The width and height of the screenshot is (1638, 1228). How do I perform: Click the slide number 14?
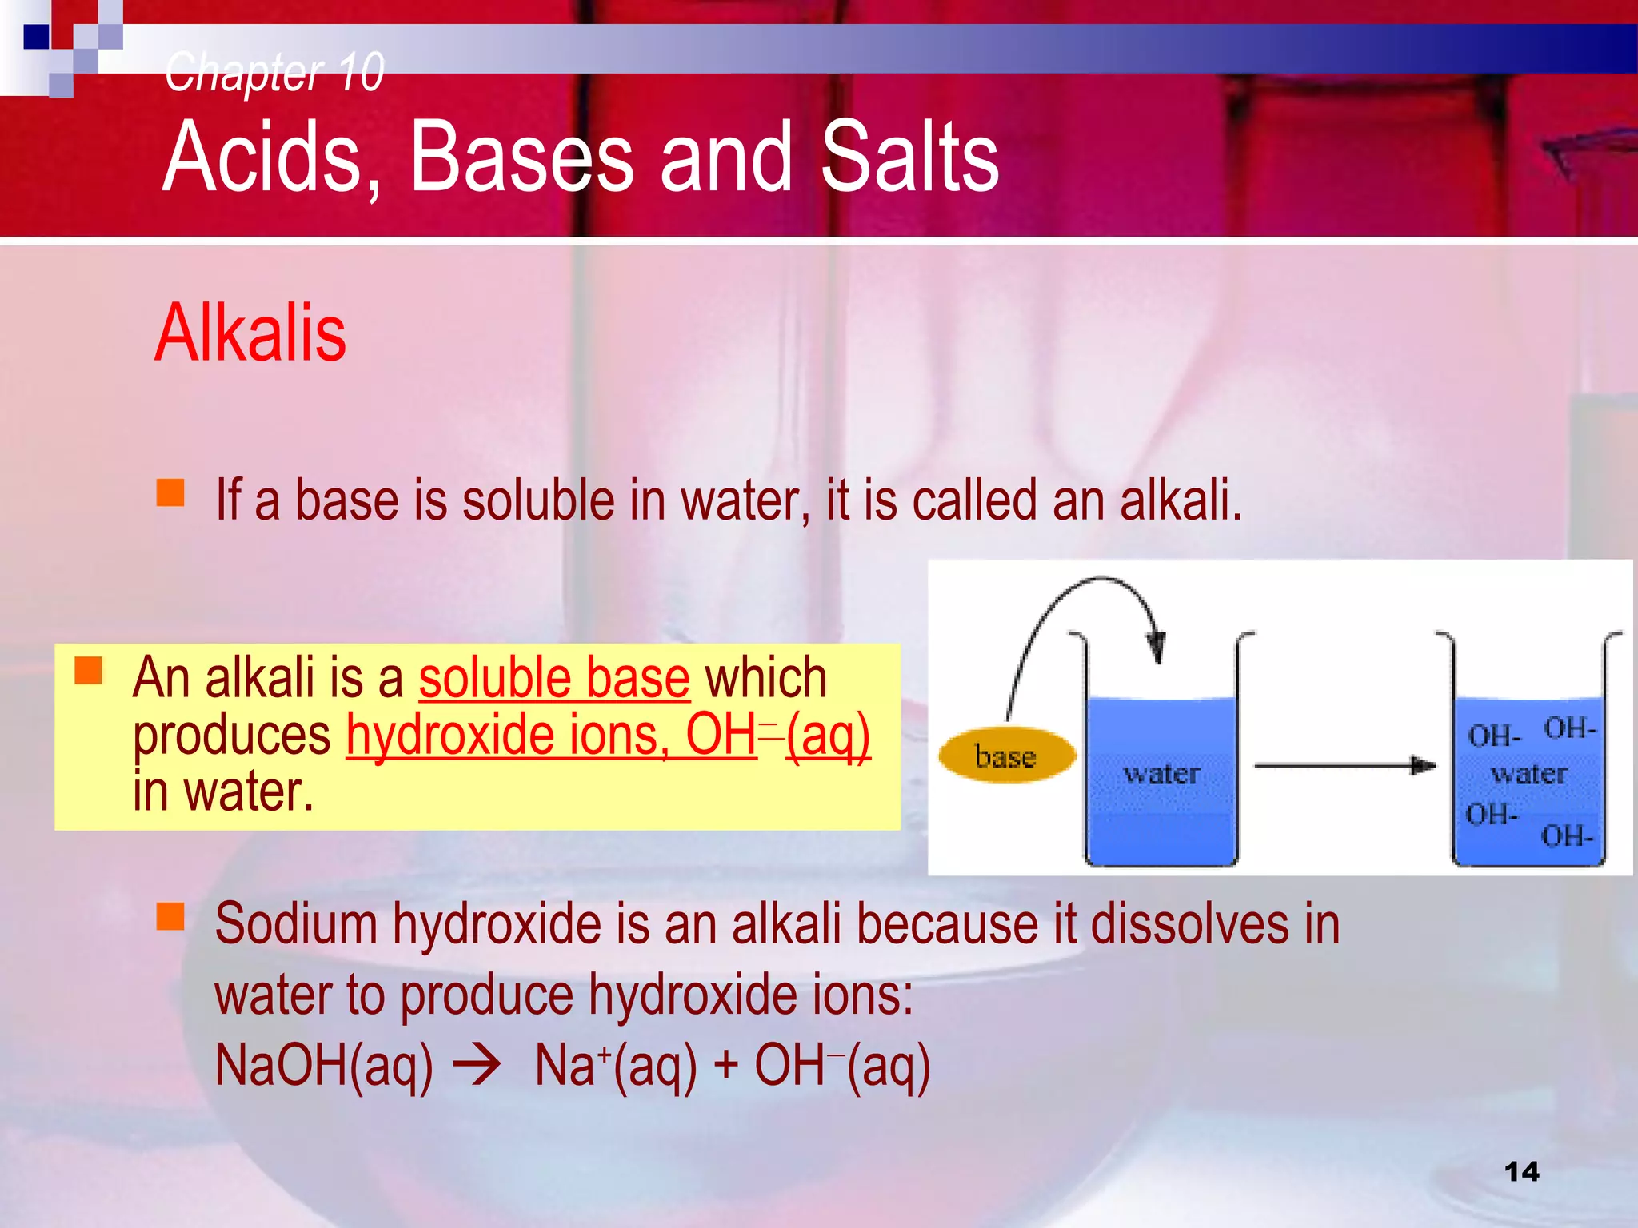pos(1521,1171)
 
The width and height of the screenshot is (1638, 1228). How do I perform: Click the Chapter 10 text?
pos(274,72)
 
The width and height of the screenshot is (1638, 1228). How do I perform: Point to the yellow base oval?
pos(1006,755)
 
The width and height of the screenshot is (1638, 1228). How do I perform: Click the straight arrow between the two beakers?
pos(1344,766)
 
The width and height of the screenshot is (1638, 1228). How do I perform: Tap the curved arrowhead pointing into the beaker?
pos(1156,644)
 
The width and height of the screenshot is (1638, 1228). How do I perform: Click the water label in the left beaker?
pos(1161,773)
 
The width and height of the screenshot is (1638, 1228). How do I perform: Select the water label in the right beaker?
pos(1528,773)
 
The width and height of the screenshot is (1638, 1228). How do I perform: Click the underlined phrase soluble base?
pos(553,678)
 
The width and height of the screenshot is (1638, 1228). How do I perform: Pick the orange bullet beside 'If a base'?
pos(170,492)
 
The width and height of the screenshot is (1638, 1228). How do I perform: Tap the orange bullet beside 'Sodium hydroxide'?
pos(170,916)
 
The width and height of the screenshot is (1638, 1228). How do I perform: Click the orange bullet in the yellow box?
pos(89,670)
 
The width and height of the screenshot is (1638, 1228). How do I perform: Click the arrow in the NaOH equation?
pos(477,1066)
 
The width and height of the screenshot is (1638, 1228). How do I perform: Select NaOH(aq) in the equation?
pos(324,1066)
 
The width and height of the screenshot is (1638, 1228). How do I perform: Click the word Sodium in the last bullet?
pos(296,924)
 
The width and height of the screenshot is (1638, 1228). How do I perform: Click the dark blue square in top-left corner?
pos(37,37)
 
